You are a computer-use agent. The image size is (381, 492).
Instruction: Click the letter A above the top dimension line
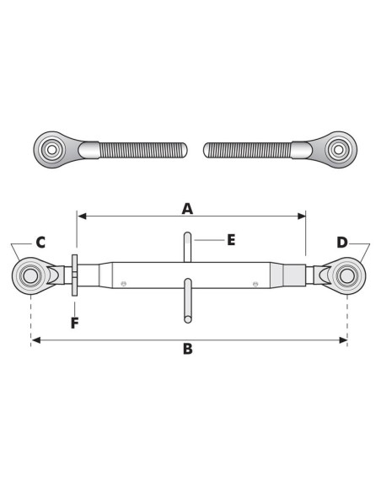[187, 209]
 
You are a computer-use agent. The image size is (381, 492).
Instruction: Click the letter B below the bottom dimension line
[188, 349]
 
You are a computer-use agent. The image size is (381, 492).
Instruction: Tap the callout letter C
[40, 243]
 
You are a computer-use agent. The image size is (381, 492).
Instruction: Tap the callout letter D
[342, 243]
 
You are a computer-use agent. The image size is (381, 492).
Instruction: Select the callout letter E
[231, 240]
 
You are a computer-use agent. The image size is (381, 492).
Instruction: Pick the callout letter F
[74, 324]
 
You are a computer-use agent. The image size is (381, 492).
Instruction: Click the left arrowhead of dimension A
[82, 216]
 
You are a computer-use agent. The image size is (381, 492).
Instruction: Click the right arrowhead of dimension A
[301, 216]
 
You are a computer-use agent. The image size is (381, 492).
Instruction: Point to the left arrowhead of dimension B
[36, 340]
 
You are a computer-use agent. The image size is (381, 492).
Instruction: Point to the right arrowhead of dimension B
[343, 340]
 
